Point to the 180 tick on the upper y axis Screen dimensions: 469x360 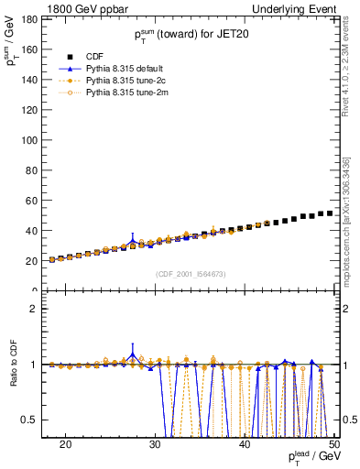(28, 19)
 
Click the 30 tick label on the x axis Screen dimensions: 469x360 (156, 442)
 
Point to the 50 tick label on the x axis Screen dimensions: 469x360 (334, 442)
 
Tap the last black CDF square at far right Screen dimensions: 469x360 (330, 213)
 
